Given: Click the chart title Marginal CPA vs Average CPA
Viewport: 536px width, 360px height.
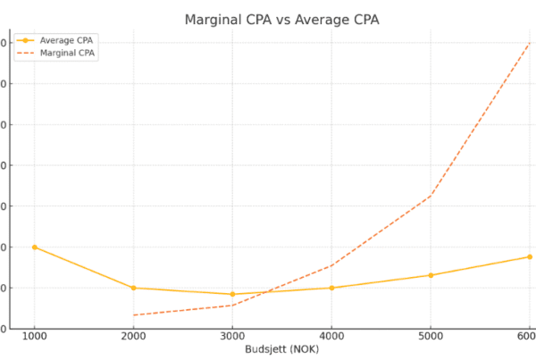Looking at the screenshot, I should (281, 20).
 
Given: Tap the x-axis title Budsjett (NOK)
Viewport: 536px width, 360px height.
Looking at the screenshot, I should (281, 349).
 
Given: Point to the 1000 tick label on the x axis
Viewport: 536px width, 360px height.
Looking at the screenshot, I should (35, 336).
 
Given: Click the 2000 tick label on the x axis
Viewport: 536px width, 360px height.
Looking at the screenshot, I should (134, 336).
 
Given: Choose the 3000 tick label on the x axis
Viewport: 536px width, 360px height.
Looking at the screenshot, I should (232, 336).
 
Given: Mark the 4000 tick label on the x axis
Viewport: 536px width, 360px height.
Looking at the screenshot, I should (331, 336).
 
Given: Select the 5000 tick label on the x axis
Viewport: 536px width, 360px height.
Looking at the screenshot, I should (431, 336).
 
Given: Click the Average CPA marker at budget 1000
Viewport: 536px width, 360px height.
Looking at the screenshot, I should (35, 247).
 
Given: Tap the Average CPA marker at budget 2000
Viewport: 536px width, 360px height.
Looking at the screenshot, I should (134, 288).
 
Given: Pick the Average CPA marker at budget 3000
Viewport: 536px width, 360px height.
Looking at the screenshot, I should (232, 294).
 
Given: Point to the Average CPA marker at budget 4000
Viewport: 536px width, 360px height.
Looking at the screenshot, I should (331, 288).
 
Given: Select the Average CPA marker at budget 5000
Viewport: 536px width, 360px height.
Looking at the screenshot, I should (431, 275).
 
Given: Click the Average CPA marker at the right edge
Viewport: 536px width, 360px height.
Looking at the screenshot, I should (530, 256).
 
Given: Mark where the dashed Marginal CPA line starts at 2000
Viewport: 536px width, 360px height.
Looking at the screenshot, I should (134, 315).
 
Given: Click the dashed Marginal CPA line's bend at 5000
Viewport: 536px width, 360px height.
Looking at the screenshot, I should (431, 196).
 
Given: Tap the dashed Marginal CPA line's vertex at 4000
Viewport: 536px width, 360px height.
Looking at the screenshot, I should (331, 265).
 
